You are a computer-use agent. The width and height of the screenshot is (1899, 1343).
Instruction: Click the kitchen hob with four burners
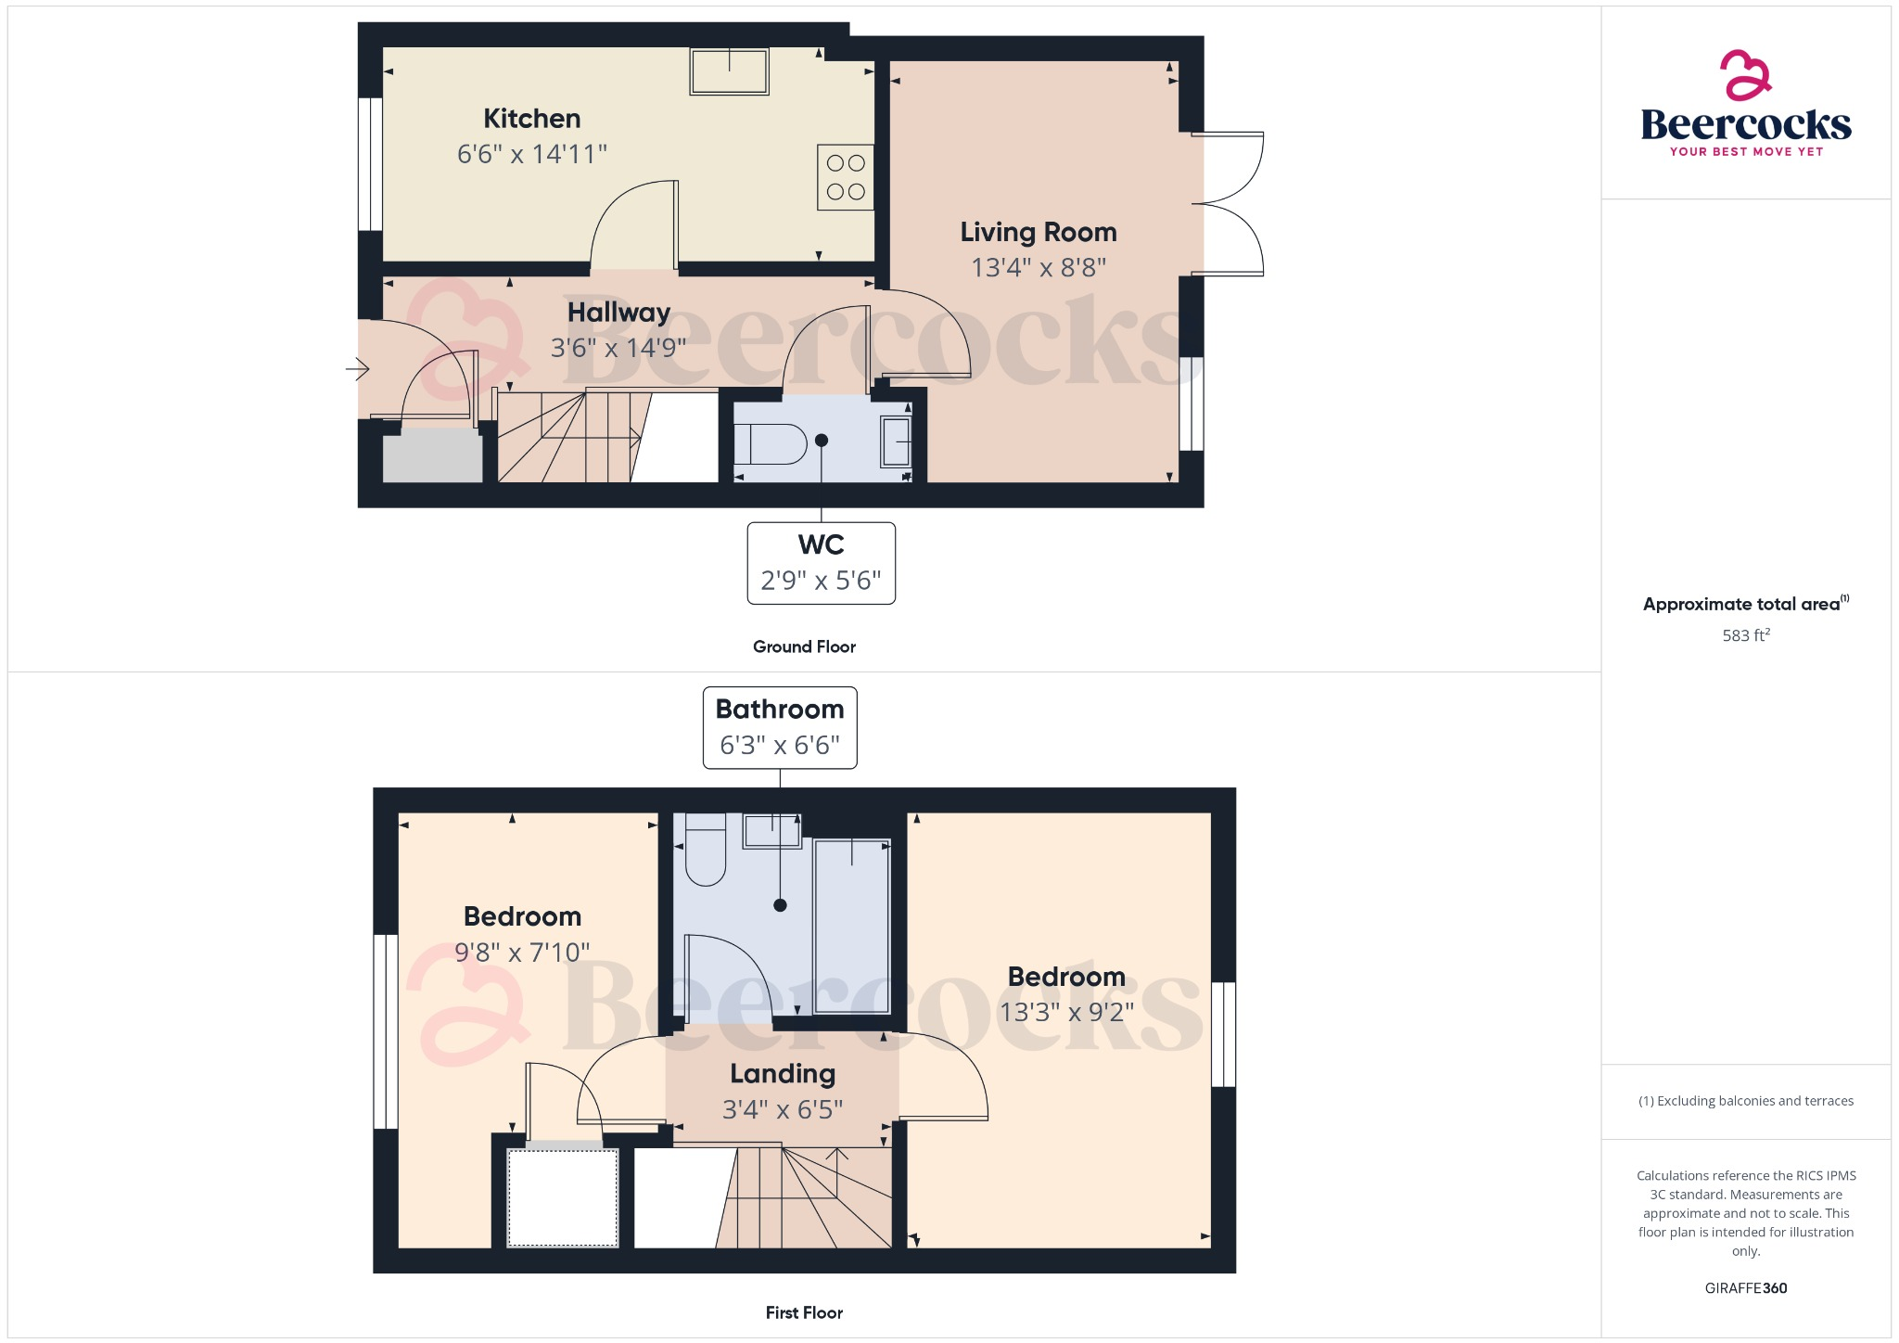tap(845, 177)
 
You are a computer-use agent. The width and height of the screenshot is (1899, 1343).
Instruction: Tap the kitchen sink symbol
tap(729, 72)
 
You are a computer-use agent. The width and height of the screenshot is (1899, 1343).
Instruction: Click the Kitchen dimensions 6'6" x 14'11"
tap(531, 154)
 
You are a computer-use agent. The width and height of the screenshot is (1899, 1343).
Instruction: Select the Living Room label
tap(1038, 232)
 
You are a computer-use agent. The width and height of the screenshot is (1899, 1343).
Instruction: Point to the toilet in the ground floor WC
tap(770, 444)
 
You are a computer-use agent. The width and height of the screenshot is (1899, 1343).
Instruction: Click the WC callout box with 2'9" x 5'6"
tap(821, 563)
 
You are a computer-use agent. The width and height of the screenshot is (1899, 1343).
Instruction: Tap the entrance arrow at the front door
tap(357, 369)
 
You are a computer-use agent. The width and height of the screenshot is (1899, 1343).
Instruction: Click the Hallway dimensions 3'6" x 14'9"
tap(618, 348)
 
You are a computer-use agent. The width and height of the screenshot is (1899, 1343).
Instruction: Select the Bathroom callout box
tap(779, 727)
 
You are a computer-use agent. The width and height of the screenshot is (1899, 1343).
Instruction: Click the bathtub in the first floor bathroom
tap(851, 926)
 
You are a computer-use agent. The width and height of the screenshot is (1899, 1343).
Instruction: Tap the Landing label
tap(783, 1074)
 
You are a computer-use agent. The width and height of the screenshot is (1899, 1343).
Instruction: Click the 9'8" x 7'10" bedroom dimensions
tap(522, 953)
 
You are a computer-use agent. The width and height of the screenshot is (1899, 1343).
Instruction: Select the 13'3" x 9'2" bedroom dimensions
tap(1066, 1012)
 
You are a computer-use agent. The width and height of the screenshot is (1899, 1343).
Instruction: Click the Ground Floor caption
tap(804, 646)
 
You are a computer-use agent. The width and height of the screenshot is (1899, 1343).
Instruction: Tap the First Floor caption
tap(804, 1312)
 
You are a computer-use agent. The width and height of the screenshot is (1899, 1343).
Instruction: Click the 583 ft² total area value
tap(1745, 635)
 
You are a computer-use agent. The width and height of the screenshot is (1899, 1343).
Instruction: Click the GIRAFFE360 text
tap(1745, 1288)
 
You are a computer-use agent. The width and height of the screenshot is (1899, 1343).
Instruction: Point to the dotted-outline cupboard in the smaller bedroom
tap(563, 1197)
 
